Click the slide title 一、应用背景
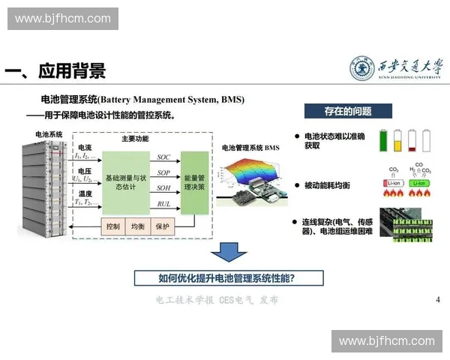click(56, 70)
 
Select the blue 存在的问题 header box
click(347, 111)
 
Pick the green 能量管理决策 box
click(195, 182)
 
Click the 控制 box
click(113, 226)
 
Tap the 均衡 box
click(138, 226)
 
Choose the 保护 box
click(163, 226)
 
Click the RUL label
click(163, 205)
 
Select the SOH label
click(163, 189)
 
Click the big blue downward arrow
click(229, 253)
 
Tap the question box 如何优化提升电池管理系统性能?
click(229, 278)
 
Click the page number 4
click(437, 299)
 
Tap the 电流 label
click(85, 148)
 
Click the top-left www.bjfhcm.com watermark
click(62, 19)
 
